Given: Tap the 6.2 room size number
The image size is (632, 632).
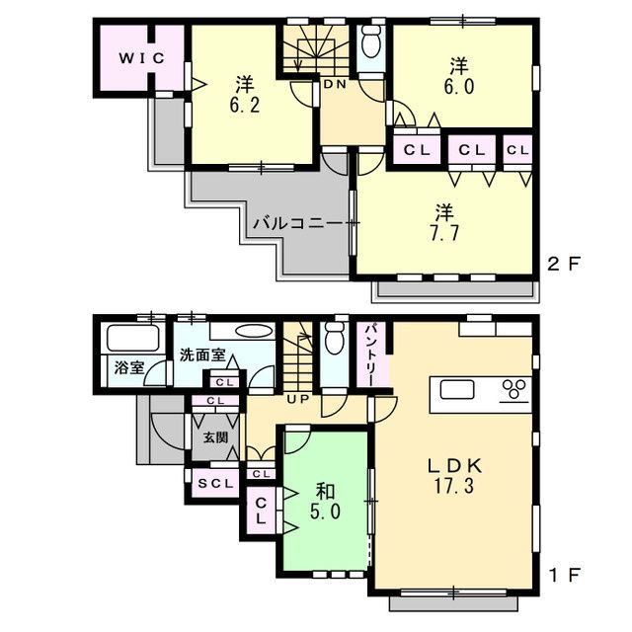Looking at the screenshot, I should [x=245, y=102].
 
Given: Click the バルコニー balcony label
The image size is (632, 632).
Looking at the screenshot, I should [x=296, y=223].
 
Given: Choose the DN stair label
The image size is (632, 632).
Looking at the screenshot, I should [x=334, y=85].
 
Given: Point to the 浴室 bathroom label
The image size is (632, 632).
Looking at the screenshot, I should [x=128, y=368].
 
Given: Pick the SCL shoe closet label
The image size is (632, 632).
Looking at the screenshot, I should [x=214, y=484].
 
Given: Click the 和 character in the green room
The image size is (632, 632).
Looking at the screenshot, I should [x=326, y=490].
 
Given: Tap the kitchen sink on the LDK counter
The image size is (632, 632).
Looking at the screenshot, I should [x=457, y=389].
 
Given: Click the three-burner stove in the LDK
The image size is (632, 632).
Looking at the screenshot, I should [x=513, y=388].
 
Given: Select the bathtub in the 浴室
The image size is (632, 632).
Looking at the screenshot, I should [x=124, y=339].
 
